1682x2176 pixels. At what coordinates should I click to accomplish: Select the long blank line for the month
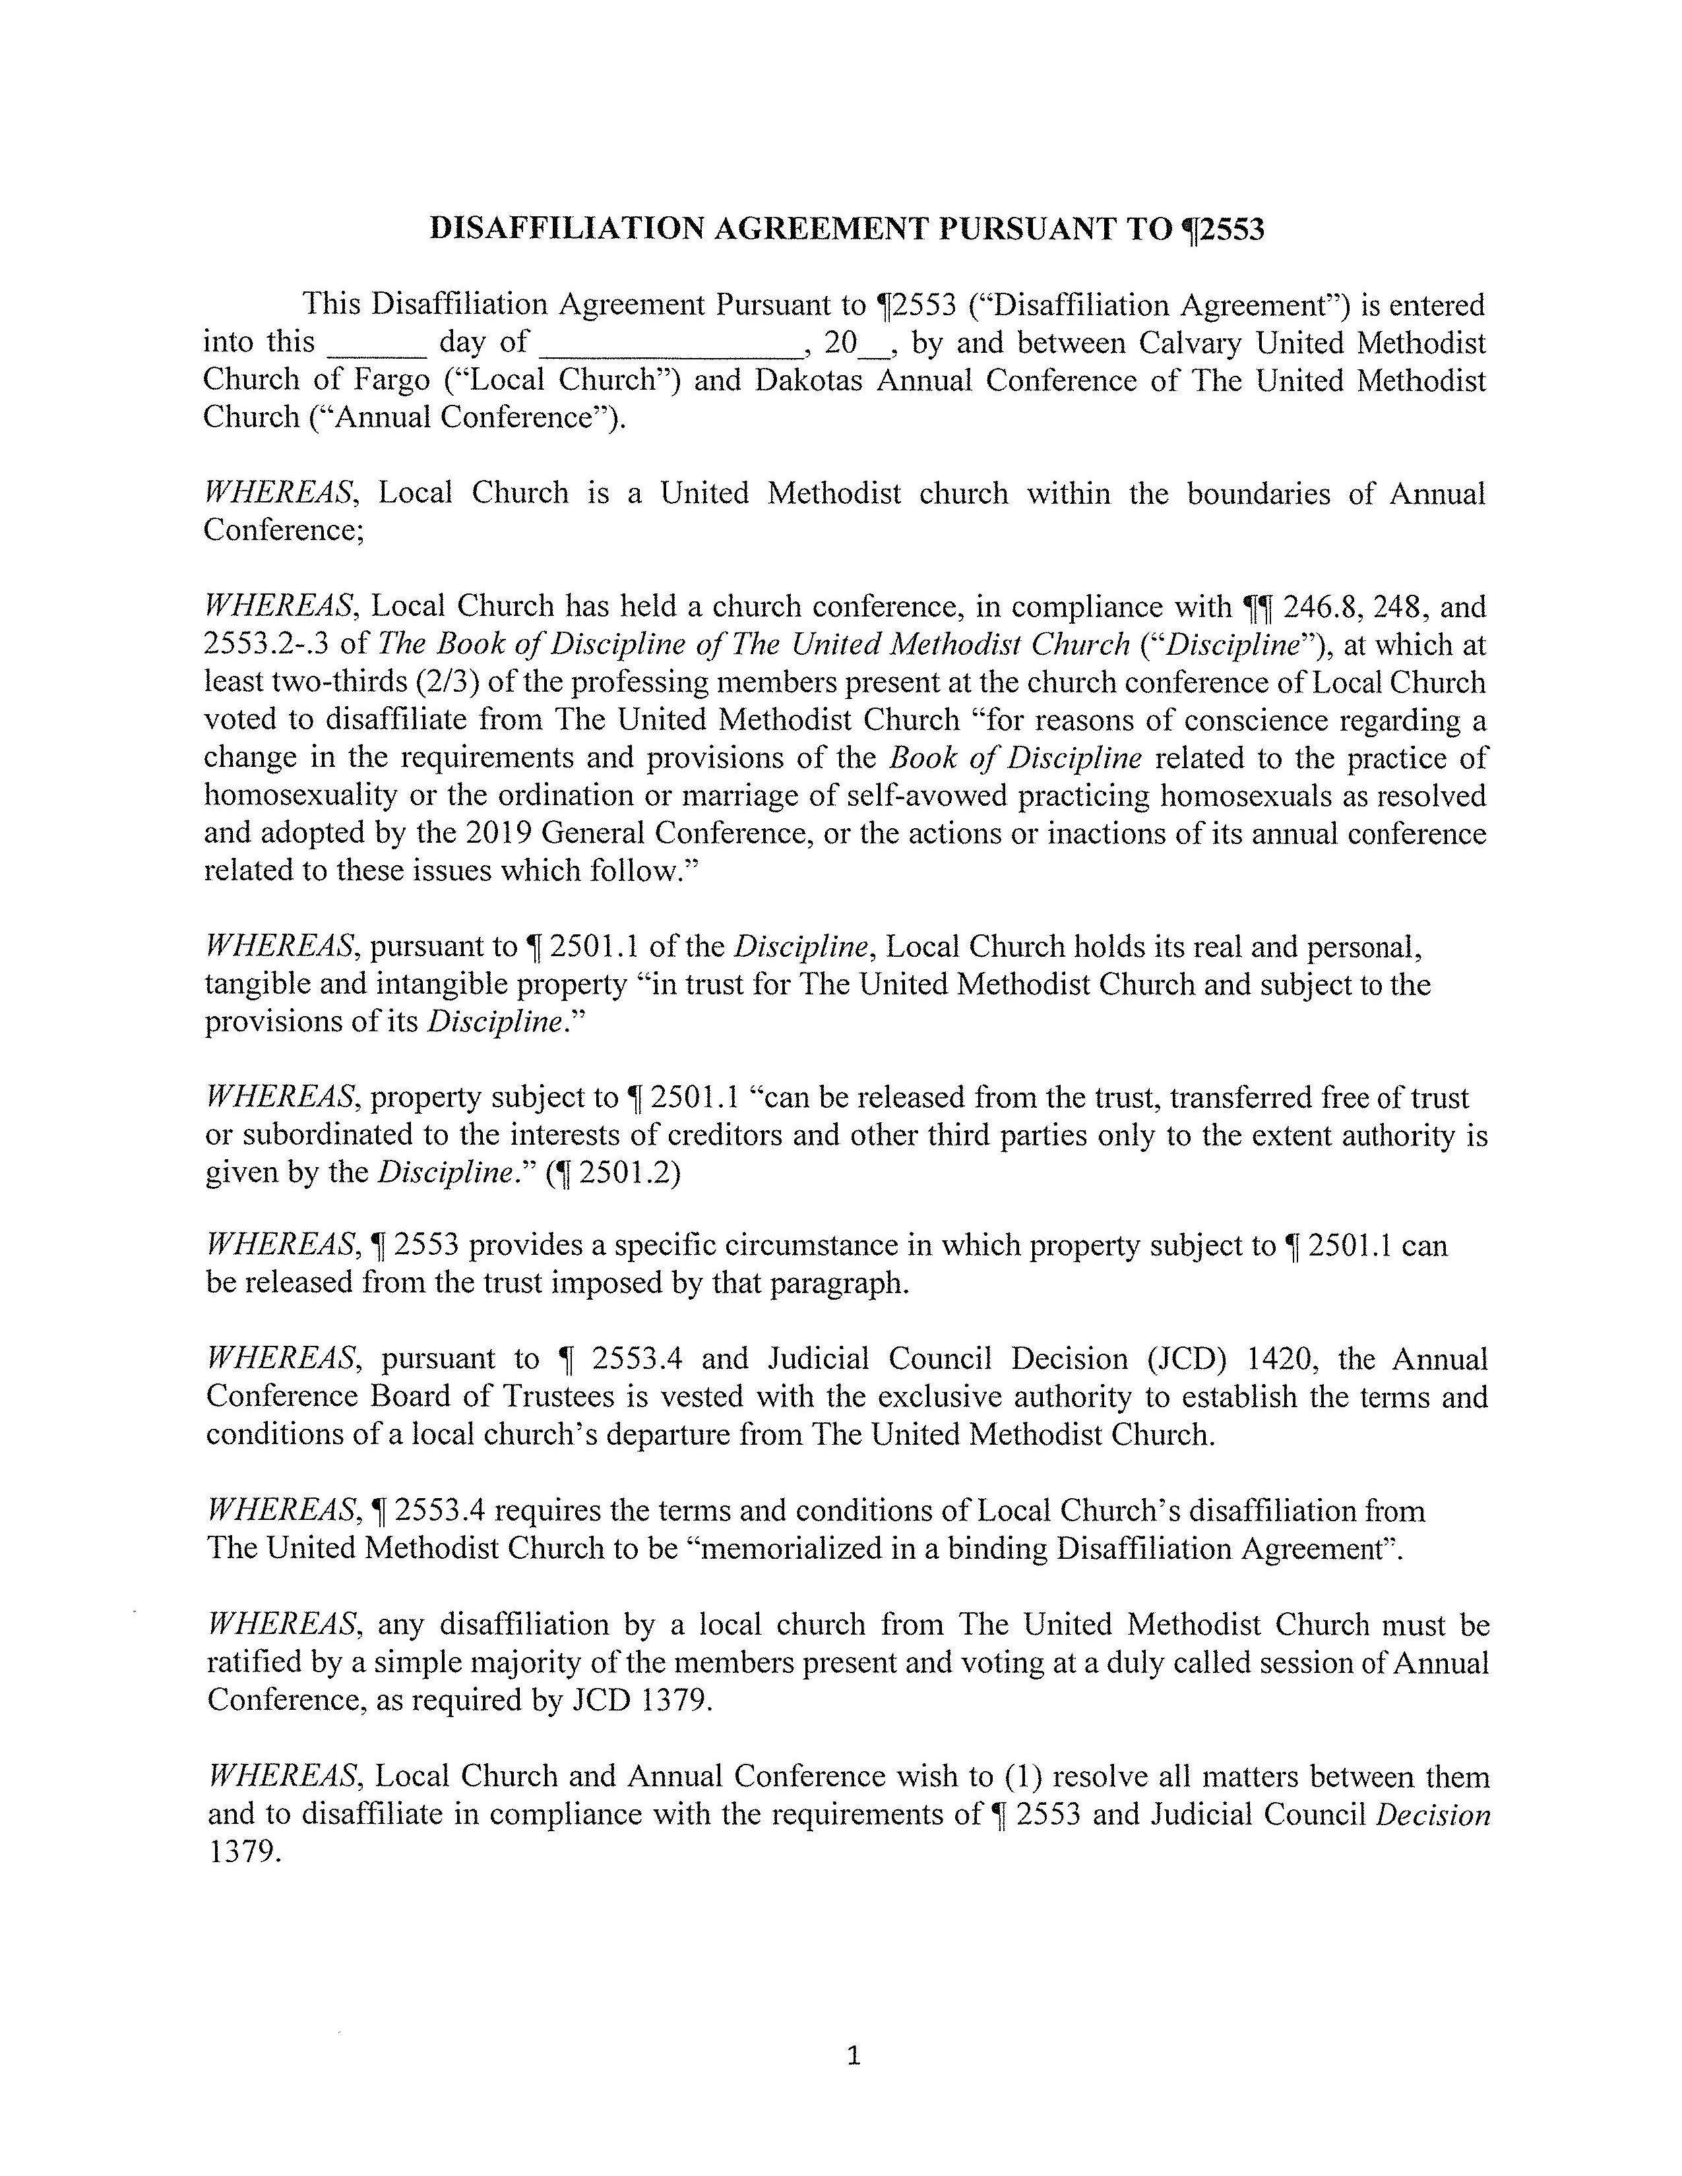pos(670,351)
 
